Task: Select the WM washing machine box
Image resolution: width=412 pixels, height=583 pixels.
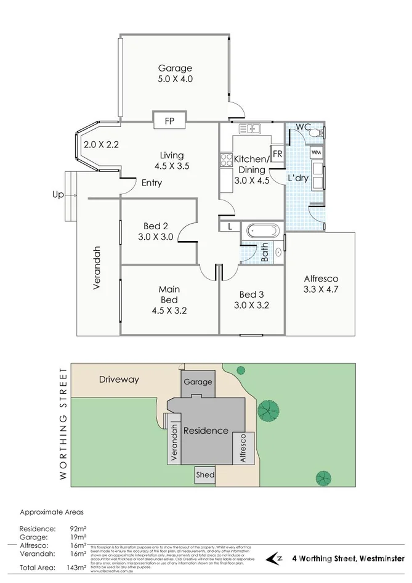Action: coord(316,152)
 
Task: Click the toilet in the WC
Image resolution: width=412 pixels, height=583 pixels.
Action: coord(317,133)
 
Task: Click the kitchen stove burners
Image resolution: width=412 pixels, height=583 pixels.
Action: coord(225,160)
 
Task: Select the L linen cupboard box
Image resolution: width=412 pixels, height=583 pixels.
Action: coord(228,227)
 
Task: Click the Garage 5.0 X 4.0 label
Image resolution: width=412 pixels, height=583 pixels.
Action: coord(175,74)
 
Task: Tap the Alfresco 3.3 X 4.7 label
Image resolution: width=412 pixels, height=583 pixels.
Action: coord(321,283)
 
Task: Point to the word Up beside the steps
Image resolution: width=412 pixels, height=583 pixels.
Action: coord(58,195)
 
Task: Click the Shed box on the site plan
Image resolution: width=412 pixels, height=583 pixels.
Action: coord(205,475)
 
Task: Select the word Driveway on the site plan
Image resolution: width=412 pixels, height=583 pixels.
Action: coord(119,380)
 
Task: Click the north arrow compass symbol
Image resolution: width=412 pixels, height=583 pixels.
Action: coord(275,558)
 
